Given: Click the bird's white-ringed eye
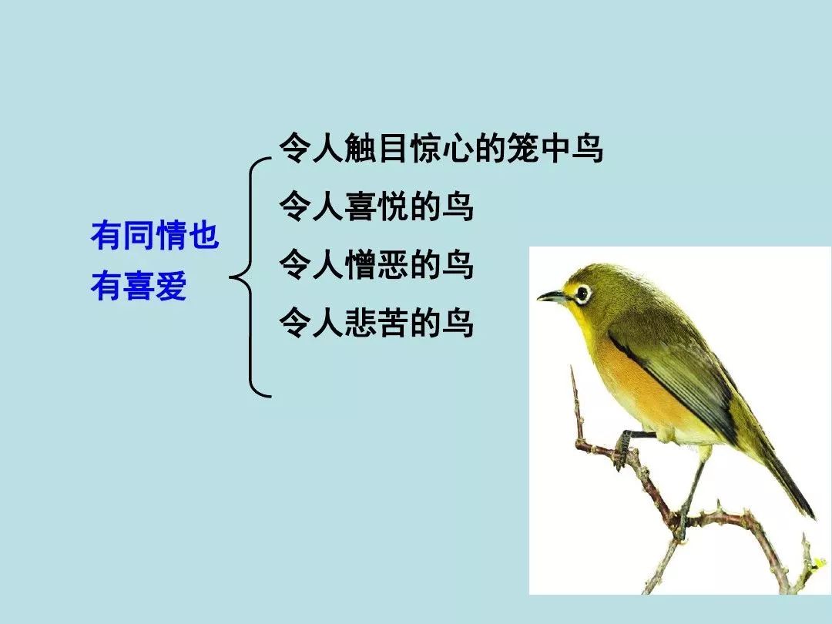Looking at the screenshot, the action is (582, 293).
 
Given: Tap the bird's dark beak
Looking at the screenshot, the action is (553, 296).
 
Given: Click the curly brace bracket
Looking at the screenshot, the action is (250, 277).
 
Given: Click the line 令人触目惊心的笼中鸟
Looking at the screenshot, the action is (441, 147).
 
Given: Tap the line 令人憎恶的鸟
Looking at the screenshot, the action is (376, 264).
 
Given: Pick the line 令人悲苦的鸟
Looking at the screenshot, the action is (376, 322).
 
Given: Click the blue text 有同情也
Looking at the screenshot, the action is (155, 235).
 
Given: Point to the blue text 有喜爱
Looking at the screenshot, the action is (139, 286).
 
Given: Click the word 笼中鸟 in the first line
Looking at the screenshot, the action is (555, 147).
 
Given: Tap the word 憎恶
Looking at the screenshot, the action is (376, 264).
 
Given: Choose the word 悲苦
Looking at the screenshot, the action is (376, 322).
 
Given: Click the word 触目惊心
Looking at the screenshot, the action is (408, 147).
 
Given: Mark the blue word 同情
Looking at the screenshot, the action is (155, 235).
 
